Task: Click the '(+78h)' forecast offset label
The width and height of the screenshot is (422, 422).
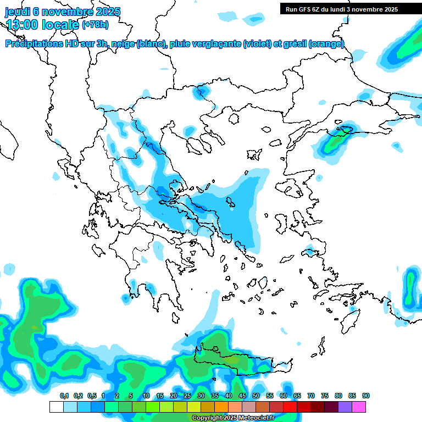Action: (95, 25)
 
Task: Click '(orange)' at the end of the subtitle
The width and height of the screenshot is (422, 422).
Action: (326, 44)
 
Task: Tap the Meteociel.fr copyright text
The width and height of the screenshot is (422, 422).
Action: (232, 418)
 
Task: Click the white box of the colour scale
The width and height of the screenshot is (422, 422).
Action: (56, 407)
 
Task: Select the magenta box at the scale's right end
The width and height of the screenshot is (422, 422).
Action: (359, 407)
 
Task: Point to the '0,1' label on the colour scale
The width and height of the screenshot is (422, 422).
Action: (64, 396)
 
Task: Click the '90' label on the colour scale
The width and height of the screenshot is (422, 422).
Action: (366, 396)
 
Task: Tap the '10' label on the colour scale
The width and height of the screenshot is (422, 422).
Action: (146, 396)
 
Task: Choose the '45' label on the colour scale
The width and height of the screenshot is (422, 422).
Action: (242, 396)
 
